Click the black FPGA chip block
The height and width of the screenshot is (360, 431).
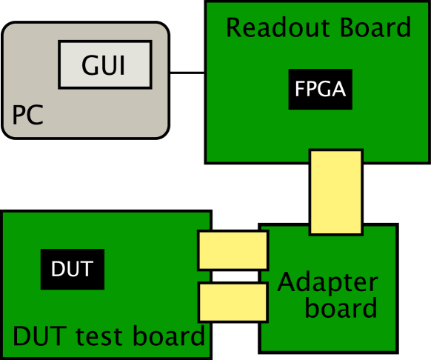coord(320,90)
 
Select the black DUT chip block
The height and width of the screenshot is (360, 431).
coord(72,269)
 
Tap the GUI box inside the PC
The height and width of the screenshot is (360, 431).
coord(104,64)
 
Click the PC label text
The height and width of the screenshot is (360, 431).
coord(28,116)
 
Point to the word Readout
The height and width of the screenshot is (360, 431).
coord(271,28)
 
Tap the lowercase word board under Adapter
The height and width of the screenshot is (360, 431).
coord(341,307)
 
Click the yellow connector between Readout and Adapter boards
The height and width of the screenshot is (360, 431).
coord(335,193)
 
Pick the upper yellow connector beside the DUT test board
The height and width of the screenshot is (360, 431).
coord(233,250)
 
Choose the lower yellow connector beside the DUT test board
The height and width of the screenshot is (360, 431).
coord(233,302)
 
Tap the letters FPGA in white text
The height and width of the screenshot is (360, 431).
coord(320,90)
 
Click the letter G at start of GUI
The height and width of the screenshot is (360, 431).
coord(90,66)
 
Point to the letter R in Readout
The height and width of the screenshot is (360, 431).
coord(234,28)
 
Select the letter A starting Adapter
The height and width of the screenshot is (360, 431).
coord(287,282)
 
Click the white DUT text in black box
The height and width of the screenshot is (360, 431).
coord(72,269)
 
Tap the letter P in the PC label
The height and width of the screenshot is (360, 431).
coord(19,116)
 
